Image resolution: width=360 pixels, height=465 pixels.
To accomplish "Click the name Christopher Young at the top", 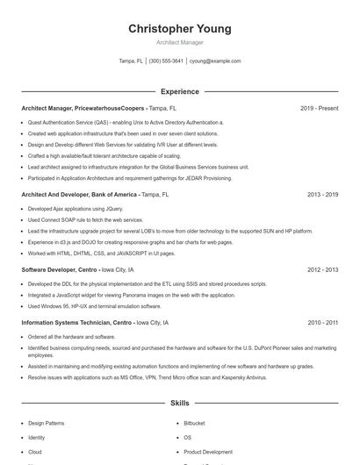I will [x=179, y=29].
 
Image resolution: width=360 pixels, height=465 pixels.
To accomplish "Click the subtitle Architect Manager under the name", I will [x=179, y=42].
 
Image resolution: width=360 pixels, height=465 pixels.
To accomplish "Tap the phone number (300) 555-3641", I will [x=166, y=61].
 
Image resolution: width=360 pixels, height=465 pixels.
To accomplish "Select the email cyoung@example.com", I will [x=214, y=61].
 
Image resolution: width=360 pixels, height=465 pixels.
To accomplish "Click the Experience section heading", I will [x=179, y=91].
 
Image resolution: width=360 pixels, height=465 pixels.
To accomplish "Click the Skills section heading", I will [x=179, y=403].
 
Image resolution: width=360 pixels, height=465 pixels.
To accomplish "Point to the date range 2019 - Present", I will [x=319, y=108].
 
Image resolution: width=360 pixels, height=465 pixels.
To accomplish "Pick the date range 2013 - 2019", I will [x=322, y=194].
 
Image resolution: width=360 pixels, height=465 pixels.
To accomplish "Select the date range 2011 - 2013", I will [x=322, y=270].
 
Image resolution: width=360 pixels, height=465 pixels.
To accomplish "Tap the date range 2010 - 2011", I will [x=322, y=323].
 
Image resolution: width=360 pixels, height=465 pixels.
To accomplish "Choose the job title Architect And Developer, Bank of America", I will [x=80, y=194].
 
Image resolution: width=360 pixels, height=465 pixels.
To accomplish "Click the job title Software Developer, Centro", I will [x=58, y=270].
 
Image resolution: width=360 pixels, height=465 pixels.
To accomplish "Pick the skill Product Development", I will [x=208, y=451].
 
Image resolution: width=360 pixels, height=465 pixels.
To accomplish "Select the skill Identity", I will [x=36, y=437].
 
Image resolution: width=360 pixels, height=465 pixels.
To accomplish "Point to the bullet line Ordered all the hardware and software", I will [x=72, y=337].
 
